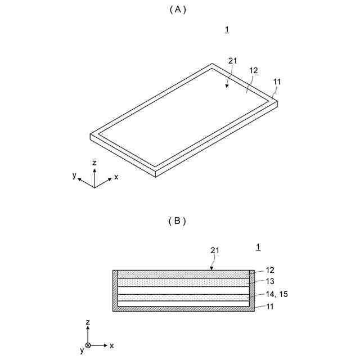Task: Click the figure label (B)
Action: coord(177,221)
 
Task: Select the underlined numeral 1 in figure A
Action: coord(227,30)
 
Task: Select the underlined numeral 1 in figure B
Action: coord(258,246)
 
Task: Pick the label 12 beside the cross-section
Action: coord(270,271)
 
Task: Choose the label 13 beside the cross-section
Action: coord(270,281)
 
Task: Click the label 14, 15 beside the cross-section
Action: coord(277,294)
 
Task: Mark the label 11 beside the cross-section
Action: coord(270,307)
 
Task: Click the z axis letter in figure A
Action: coord(94,163)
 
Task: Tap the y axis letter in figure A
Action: coord(74,175)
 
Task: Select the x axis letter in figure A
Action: coord(116,177)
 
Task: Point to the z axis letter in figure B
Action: coord(88,322)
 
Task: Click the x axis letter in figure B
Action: coord(111,345)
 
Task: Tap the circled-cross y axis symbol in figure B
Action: coord(88,345)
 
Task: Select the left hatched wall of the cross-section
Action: coord(115,290)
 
